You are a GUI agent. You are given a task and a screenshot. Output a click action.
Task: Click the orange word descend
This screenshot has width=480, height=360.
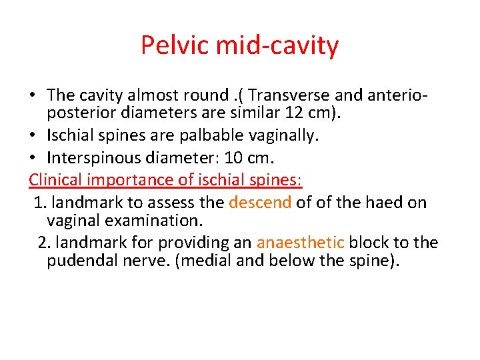(260, 202)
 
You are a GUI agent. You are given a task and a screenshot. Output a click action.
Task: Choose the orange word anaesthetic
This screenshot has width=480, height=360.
(300, 242)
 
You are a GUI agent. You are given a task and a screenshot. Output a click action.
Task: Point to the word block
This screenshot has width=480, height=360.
(370, 242)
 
